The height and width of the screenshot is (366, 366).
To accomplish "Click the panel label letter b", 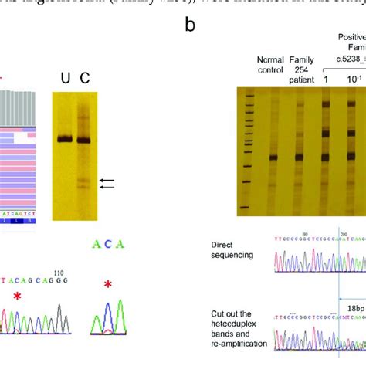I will [190, 25].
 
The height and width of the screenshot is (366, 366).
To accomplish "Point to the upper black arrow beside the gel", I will [107, 180].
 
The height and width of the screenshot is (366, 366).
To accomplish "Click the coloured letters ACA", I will [104, 245].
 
